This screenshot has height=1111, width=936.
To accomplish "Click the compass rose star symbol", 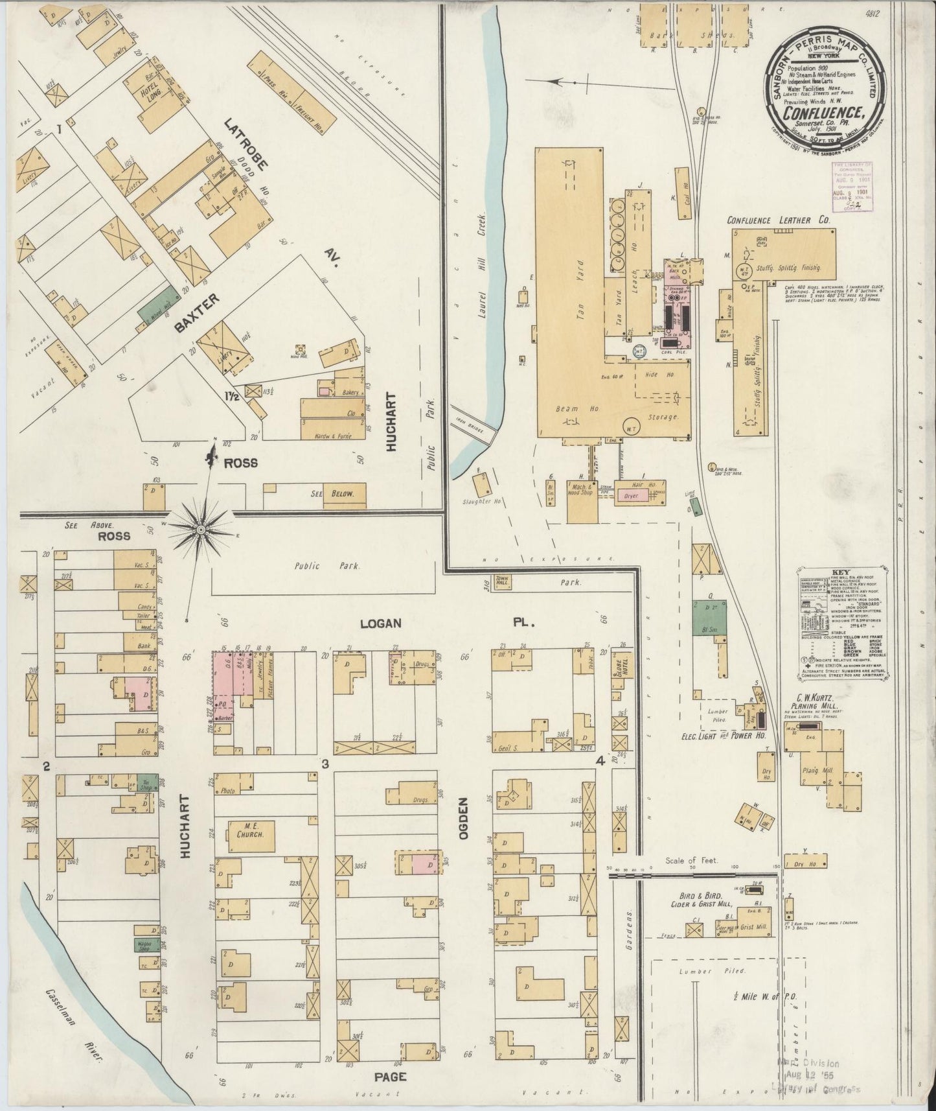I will (201, 530).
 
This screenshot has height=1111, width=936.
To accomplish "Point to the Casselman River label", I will (73, 1031).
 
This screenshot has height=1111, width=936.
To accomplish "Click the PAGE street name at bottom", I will (391, 1077).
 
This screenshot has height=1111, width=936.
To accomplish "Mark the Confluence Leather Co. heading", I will (778, 220).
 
